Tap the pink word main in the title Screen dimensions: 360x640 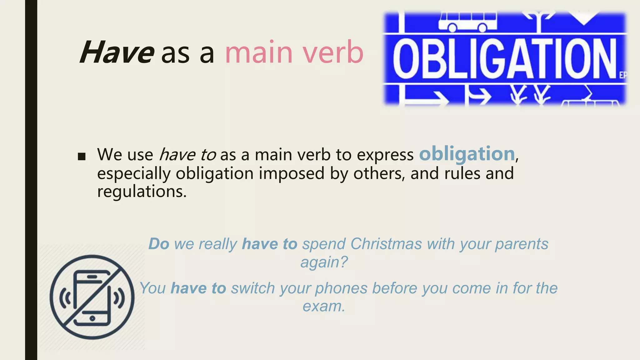point(259,52)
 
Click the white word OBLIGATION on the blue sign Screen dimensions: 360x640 point(504,58)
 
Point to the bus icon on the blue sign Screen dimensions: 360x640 point(467,22)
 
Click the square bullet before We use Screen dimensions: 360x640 point(82,156)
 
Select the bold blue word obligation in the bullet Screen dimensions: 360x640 point(467,154)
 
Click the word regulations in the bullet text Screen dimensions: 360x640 point(142,191)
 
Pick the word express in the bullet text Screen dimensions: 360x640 point(385,154)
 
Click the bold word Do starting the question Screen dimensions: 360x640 point(159,244)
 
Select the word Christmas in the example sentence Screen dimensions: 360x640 point(386,244)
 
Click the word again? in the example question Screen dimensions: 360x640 point(324,262)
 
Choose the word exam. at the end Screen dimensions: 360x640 point(324,306)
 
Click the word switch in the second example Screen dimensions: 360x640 point(253,288)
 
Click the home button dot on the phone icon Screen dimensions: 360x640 point(92,318)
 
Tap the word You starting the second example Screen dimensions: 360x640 point(152,288)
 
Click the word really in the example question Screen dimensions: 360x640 point(218,244)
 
